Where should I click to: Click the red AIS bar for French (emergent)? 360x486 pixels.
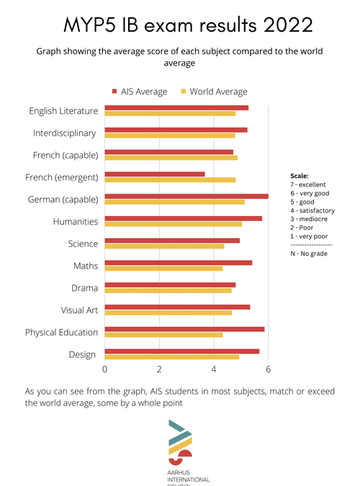pos(155,174)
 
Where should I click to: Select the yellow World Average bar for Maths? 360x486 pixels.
pos(163,269)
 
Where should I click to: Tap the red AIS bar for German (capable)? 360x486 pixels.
pos(186,196)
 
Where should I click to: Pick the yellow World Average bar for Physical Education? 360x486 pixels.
pos(163,335)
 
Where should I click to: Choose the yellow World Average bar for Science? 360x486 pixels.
pos(164,246)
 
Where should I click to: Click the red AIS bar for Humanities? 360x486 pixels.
pos(184,218)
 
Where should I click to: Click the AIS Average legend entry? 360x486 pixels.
pos(140,91)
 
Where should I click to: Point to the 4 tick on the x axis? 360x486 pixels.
pos(214,369)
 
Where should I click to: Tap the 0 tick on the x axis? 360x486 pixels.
pos(105,369)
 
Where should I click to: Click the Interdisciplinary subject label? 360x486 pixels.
pos(65,133)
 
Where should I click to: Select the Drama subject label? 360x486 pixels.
pos(86,288)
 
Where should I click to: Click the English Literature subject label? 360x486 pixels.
pos(63,111)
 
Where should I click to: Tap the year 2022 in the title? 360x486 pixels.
pos(285,25)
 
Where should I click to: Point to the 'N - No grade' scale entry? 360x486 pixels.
pos(308,253)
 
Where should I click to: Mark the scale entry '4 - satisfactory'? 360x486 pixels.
pos(312,210)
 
